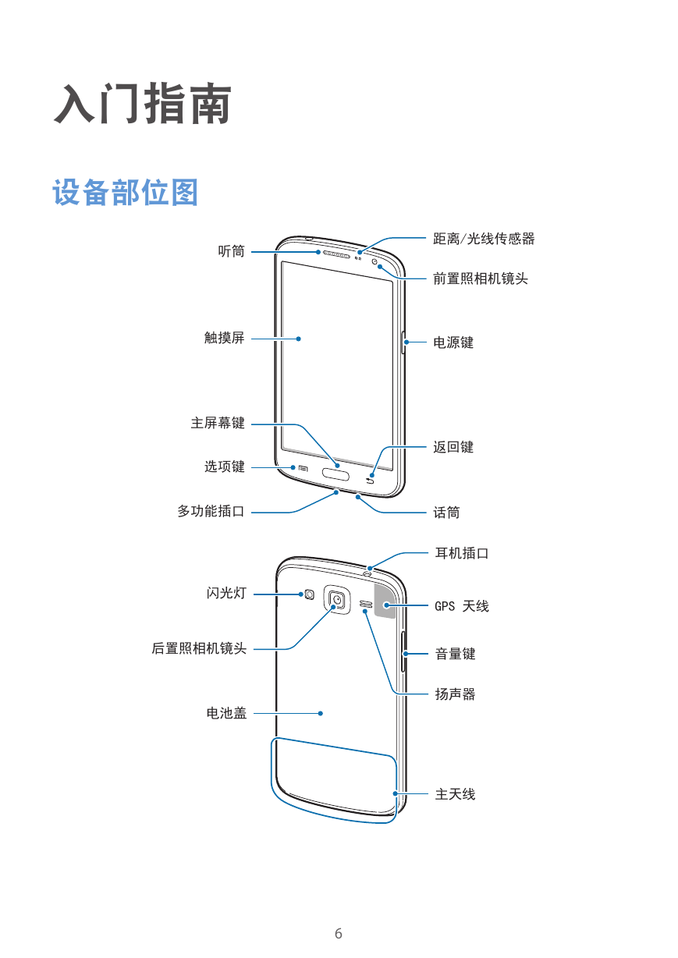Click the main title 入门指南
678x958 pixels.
pyautogui.click(x=143, y=104)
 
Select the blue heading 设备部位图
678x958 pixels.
pyautogui.click(x=126, y=193)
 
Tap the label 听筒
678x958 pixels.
pyautogui.click(x=232, y=251)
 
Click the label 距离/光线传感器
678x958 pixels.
pyautogui.click(x=484, y=239)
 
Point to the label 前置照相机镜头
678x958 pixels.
pyautogui.click(x=481, y=279)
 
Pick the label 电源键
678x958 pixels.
pyautogui.click(x=453, y=342)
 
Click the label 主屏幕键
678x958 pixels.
pyautogui.click(x=218, y=423)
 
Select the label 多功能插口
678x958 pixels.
pyautogui.click(x=211, y=511)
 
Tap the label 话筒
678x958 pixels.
pyautogui.click(x=446, y=513)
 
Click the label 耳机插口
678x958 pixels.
pyautogui.click(x=462, y=553)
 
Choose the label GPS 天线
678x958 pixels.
pyautogui.click(x=462, y=606)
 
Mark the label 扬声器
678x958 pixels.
pyautogui.click(x=455, y=694)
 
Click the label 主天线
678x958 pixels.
pyautogui.click(x=455, y=794)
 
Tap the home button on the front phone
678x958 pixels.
pyautogui.click(x=335, y=474)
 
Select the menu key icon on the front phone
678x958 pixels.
pyautogui.click(x=303, y=468)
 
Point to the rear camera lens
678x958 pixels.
pyautogui.click(x=337, y=599)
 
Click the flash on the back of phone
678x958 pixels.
pyautogui.click(x=309, y=594)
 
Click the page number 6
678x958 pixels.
pyautogui.click(x=339, y=934)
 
